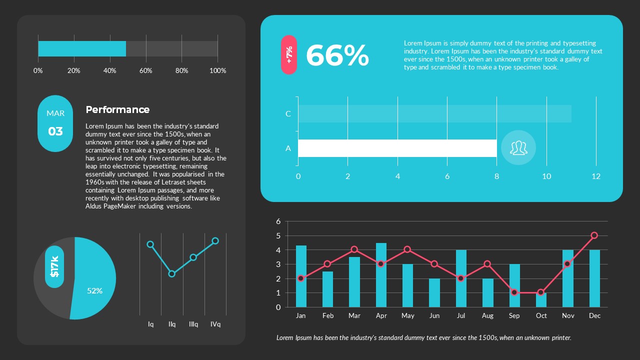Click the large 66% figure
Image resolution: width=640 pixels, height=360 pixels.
coord(337,55)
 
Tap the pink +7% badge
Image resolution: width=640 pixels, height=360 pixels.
coord(289,55)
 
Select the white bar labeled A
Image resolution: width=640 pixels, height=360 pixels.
coord(397,148)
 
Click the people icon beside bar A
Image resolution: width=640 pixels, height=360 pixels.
coord(518,147)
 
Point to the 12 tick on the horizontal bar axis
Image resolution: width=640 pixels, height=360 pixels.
coord(595,176)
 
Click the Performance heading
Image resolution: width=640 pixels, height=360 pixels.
coord(117,109)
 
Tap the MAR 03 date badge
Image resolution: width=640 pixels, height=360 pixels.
coord(55,123)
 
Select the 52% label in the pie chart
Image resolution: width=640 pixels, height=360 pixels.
coord(94,290)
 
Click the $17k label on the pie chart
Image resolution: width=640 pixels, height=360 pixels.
coord(54,266)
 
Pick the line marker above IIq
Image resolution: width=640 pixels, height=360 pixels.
coord(172,273)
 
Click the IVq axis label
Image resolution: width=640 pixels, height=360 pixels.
coord(215,324)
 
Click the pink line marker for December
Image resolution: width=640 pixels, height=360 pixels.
coord(594,235)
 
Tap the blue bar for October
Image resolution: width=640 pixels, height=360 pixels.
coord(541,300)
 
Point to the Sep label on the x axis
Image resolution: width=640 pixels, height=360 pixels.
coord(514,315)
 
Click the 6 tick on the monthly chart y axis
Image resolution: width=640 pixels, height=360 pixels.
coord(278,221)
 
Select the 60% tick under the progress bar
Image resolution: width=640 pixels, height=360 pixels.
coord(145,70)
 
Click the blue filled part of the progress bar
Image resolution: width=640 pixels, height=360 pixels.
coord(82,48)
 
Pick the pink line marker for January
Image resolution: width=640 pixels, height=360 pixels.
coord(300,278)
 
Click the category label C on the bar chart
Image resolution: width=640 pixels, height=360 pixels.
coord(288,113)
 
